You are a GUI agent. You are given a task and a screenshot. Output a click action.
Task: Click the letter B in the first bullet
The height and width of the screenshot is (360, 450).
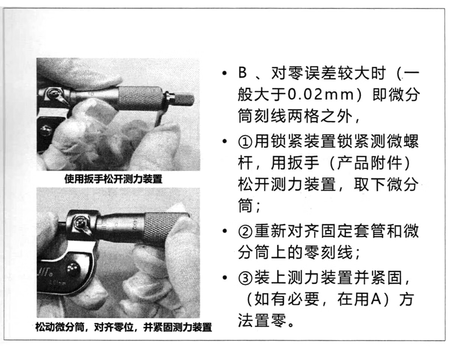coord(243,73)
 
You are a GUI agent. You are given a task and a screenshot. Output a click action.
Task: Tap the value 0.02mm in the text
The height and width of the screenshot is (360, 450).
coord(321,95)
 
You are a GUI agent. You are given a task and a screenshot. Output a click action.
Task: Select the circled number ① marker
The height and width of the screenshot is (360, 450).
coord(246,142)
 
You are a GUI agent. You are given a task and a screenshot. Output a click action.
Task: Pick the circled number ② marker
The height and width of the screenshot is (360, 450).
coord(246,231)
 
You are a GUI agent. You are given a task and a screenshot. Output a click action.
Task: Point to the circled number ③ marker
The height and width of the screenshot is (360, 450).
coord(246,278)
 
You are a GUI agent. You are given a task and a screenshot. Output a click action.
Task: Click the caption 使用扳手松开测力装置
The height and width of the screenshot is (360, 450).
coord(113,179)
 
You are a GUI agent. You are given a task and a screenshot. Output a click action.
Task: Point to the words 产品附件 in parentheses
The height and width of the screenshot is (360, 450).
coord(370,163)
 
